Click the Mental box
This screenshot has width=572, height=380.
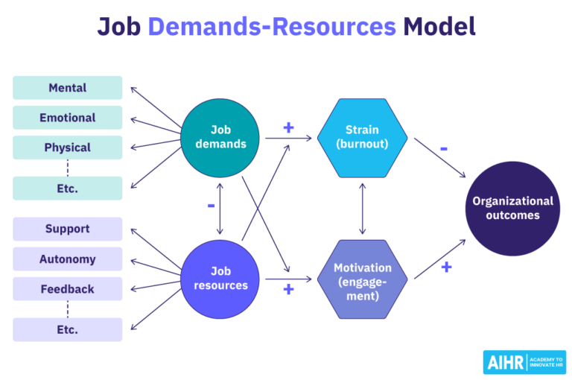[x=67, y=88]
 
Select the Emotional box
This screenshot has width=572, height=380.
[x=67, y=118]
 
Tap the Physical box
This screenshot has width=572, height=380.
[x=67, y=148]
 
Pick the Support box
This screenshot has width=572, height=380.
[x=67, y=229]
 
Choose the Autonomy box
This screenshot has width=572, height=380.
[x=67, y=259]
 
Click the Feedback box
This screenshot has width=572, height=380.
[x=67, y=289]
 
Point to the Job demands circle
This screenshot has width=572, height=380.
[x=220, y=136]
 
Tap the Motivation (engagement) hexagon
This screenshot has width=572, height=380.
[x=362, y=279]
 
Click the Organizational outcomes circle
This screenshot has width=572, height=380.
[x=512, y=208]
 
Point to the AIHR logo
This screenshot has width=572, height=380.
[x=524, y=361]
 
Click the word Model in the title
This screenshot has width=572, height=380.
[x=439, y=28]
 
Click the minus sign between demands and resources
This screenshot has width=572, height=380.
[x=211, y=204]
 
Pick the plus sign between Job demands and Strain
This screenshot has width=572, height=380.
[x=288, y=127]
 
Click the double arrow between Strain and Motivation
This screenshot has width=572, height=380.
[x=362, y=208]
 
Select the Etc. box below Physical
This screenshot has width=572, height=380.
[x=67, y=189]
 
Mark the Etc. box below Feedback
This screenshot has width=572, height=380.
[x=67, y=329]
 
